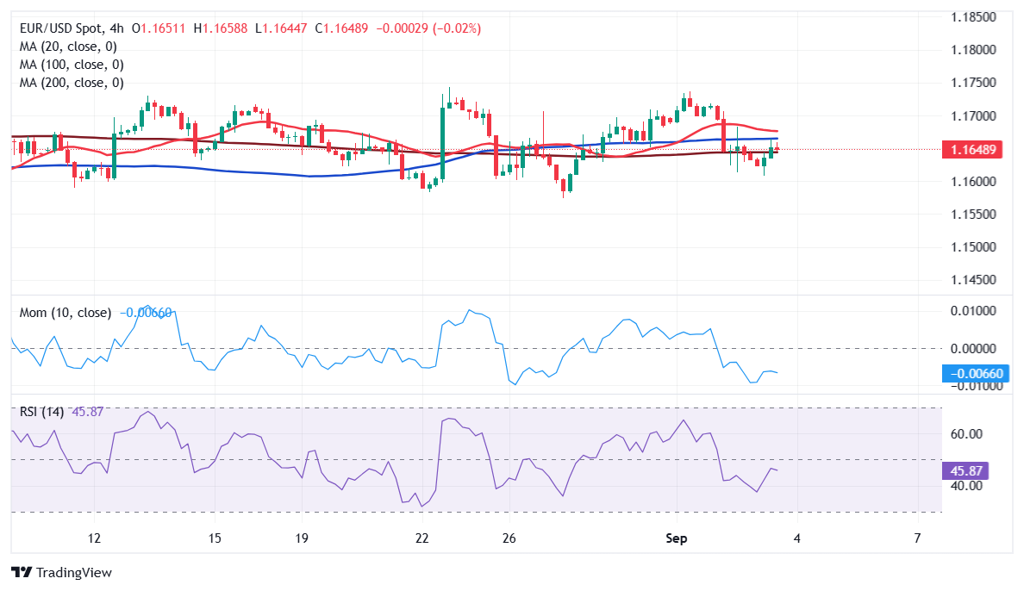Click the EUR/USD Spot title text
[61, 28]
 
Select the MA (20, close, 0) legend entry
[68, 47]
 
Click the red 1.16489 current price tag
[975, 150]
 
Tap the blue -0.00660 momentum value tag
[975, 374]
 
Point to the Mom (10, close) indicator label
[65, 313]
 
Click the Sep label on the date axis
[677, 538]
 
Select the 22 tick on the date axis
[421, 538]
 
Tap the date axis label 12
[94, 538]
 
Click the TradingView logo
[61, 572]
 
